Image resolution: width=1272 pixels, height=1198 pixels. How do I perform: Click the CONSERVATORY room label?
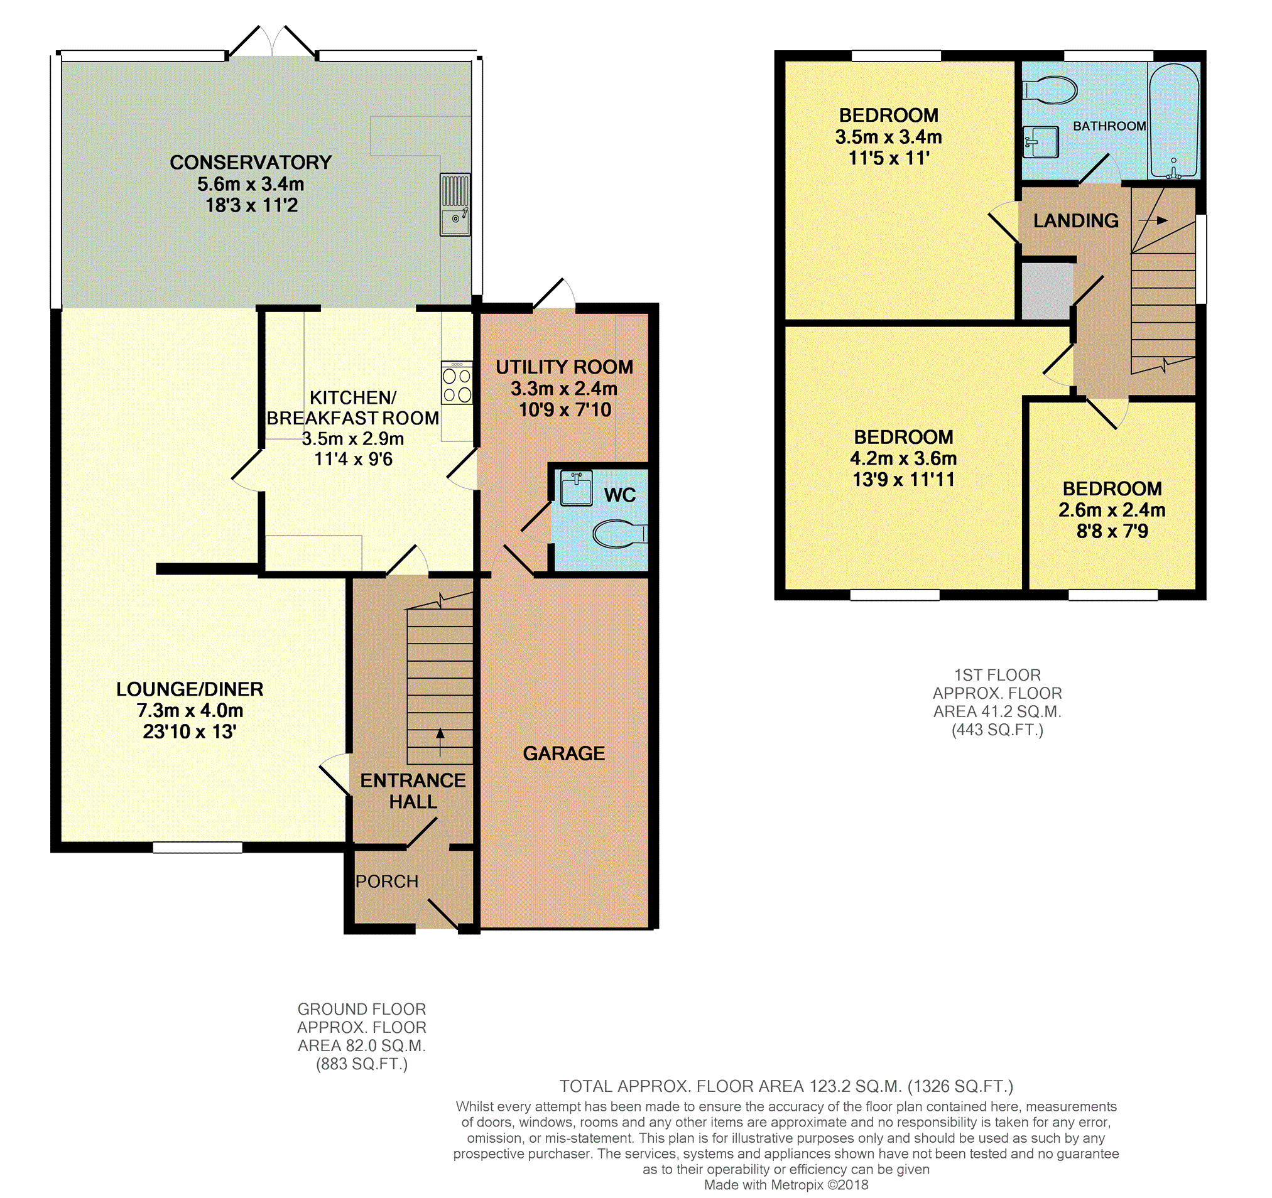pos(251,163)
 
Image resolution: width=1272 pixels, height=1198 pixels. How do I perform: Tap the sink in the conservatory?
pos(455,205)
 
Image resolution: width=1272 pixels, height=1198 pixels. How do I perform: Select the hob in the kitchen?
pos(457,383)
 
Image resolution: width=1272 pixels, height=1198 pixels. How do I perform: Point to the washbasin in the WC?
pos(576,488)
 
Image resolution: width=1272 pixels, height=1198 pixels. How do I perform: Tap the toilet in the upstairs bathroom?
pos(1050,90)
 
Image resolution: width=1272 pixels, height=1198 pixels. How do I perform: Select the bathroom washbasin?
pos(1040,142)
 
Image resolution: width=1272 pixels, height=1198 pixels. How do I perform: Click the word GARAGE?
pos(563,753)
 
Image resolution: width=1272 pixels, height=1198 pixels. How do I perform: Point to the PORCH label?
pos(387,882)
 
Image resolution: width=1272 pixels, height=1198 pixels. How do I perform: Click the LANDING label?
pos(1076,220)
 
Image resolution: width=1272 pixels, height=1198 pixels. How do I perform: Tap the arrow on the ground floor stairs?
pos(440,742)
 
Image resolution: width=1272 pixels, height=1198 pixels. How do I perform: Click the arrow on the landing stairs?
pos(1153,220)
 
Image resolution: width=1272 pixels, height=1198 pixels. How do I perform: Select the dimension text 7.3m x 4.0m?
pos(190,711)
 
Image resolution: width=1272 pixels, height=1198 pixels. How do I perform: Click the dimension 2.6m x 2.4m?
pos(1112,510)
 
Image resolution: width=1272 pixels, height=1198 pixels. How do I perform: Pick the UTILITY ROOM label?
pos(564,367)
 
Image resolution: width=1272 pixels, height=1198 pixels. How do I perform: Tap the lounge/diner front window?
pos(198,848)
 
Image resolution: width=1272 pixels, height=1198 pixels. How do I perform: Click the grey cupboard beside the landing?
pos(1046,291)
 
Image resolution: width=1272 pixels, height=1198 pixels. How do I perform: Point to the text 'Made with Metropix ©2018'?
pos(786,1185)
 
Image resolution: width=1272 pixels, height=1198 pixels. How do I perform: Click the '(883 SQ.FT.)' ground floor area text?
pos(362,1064)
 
